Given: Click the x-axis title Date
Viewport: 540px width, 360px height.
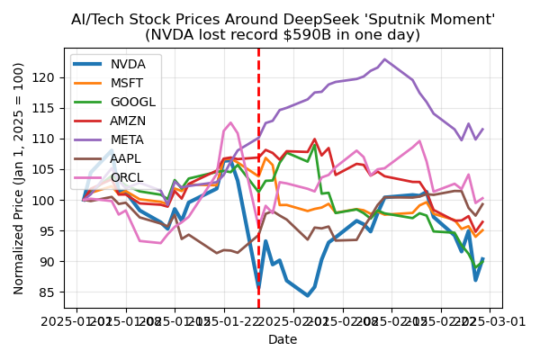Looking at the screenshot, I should (283, 339).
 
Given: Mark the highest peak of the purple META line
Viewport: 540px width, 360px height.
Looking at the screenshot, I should (385, 59).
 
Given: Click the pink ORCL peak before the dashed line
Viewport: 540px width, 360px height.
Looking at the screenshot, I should (230, 122).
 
